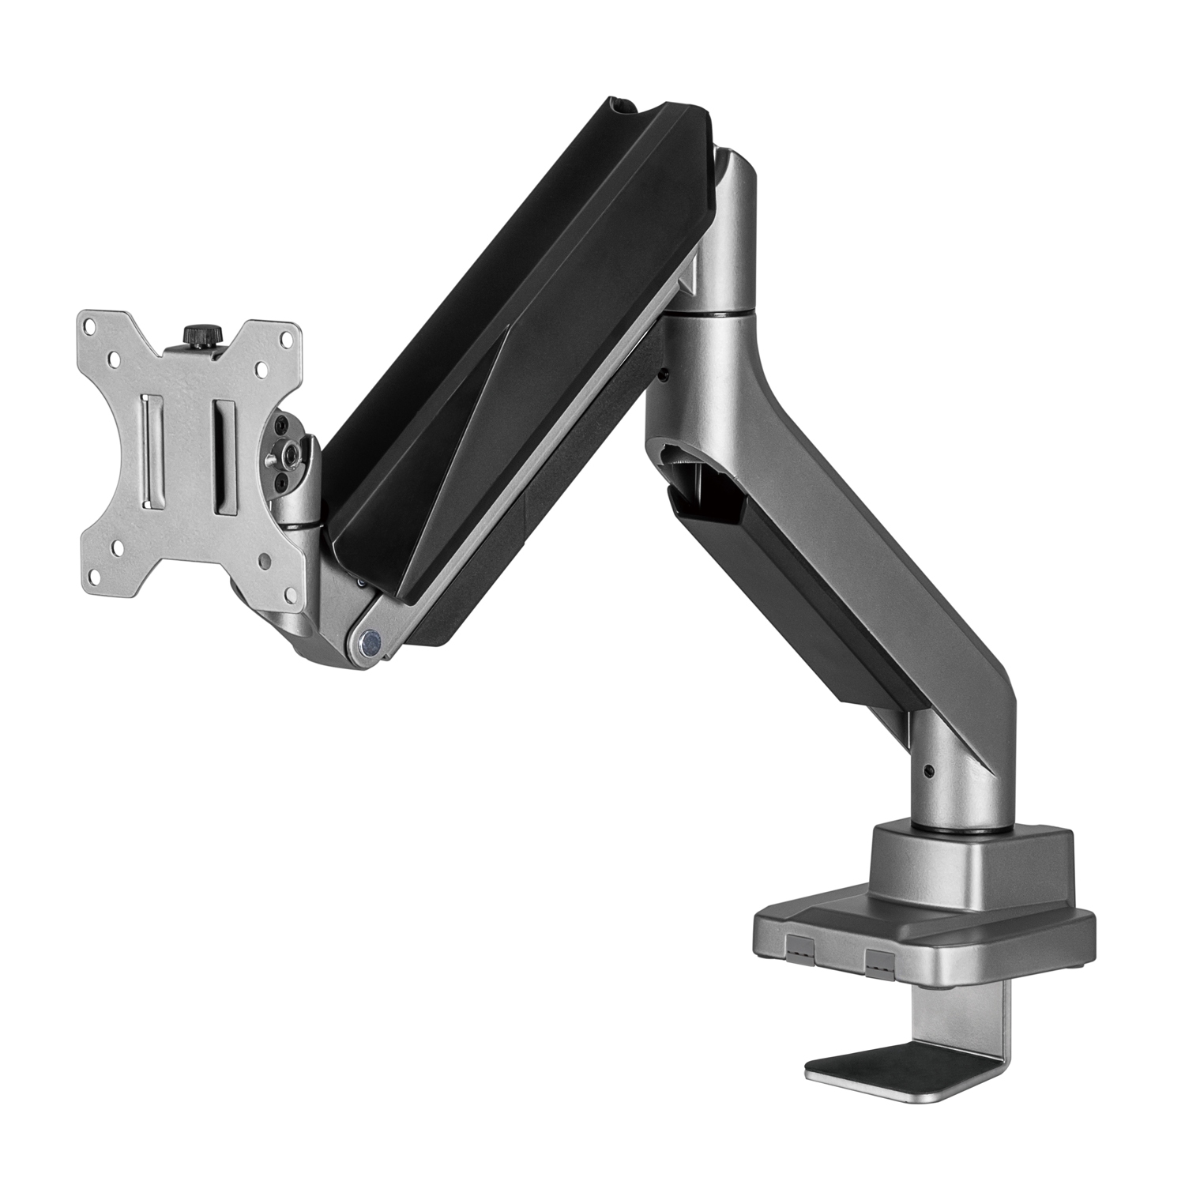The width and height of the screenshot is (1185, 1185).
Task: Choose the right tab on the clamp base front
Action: tap(878, 958)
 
